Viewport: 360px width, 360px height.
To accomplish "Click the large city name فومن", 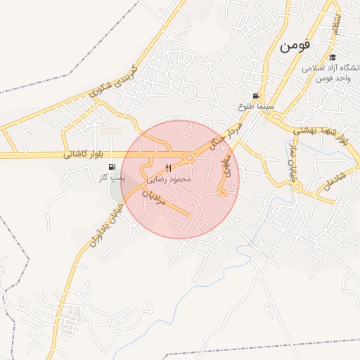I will click(x=295, y=47).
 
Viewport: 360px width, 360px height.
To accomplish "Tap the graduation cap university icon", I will click(x=333, y=58).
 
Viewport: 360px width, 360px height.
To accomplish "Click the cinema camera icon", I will click(x=257, y=96).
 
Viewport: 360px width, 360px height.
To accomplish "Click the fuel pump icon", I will click(x=112, y=167).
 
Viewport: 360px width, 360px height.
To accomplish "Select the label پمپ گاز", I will click(x=111, y=179).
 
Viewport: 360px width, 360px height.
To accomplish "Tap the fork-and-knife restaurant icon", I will click(x=168, y=169).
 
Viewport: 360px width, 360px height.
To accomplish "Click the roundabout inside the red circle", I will click(x=189, y=157).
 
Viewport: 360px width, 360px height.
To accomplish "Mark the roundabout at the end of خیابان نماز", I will click(x=297, y=188).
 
